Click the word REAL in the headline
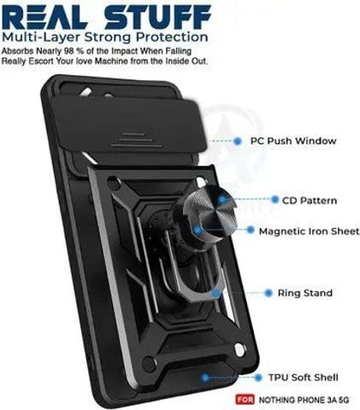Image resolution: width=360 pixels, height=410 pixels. pos(44,17)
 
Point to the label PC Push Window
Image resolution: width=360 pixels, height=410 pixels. pos(293,141)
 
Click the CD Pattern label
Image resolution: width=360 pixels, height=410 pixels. pos(310,201)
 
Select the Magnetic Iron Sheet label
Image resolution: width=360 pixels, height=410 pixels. pos(309,231)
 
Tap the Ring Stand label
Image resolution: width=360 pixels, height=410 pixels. pos(305,293)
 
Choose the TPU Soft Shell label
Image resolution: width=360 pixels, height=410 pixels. pos(304,378)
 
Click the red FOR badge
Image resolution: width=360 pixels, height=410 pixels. pos(245,400)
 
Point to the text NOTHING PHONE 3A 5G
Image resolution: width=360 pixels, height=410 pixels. pos(304,400)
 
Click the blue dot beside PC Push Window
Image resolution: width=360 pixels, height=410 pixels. pos(238,141)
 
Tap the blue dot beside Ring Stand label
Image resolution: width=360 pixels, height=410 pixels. pos(269,293)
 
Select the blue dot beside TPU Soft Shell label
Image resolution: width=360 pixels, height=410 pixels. pos(258,378)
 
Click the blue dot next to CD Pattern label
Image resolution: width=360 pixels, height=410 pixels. pos(274,200)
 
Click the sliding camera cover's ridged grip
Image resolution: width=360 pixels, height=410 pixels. pos(137,141)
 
